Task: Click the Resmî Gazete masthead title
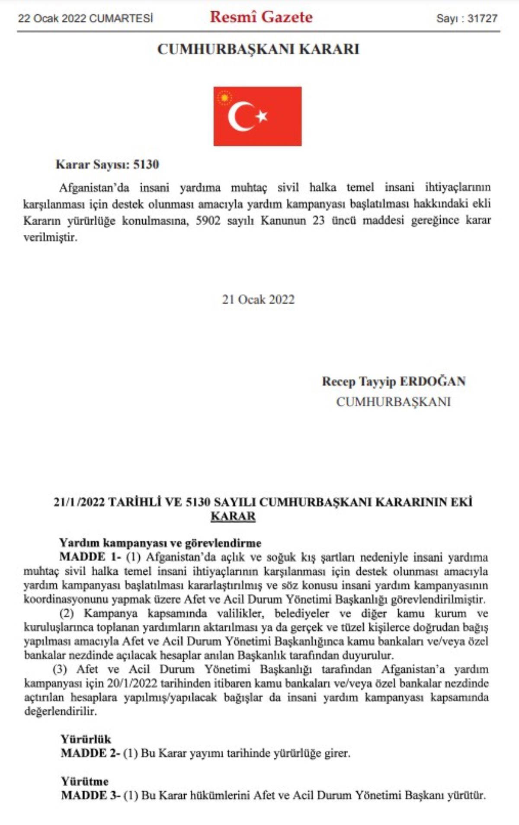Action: point(261,17)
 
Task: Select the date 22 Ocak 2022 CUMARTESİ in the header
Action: point(86,19)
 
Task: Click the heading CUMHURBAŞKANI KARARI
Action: point(258,49)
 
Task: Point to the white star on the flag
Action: point(262,116)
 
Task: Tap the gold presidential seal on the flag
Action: point(224,98)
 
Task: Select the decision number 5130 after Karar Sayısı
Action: point(146,165)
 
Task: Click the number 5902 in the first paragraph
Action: point(208,221)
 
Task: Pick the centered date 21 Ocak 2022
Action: point(258,300)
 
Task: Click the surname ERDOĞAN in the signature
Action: point(432,381)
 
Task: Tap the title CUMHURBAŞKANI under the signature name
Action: point(393,402)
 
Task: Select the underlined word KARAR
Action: point(233,516)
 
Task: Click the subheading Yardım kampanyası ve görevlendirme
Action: point(160,543)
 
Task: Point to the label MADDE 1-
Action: point(90,557)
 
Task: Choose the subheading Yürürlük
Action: point(86,739)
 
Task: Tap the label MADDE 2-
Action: point(90,753)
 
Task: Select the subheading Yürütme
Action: point(85,781)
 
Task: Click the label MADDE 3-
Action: point(90,796)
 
